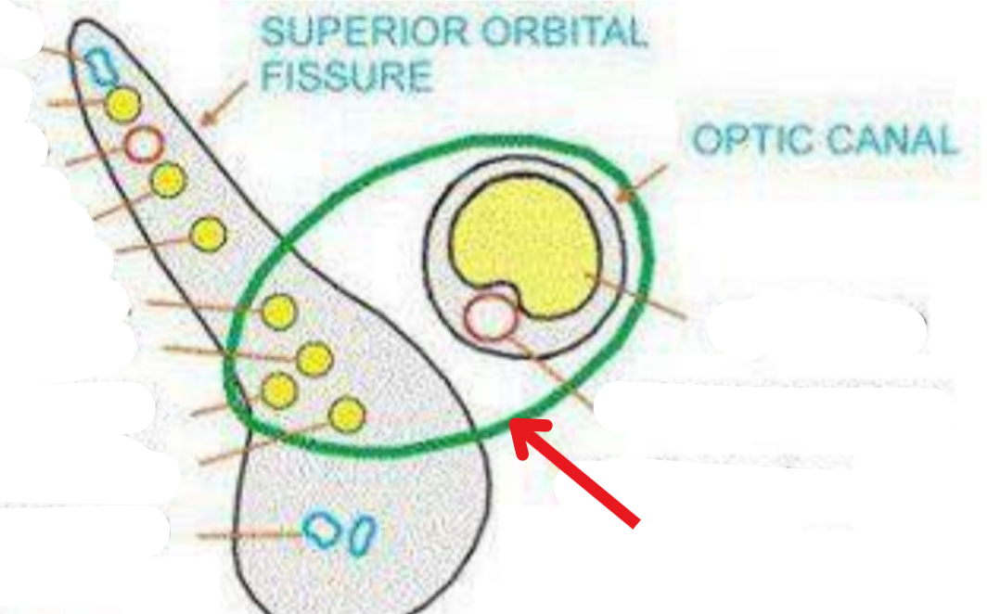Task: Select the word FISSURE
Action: (x=346, y=75)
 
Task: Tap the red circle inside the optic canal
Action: (x=490, y=316)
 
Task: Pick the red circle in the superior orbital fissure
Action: (x=144, y=144)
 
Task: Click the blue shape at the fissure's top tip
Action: (x=97, y=65)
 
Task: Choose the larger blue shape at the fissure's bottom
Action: (x=323, y=530)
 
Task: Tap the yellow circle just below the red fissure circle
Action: (x=168, y=179)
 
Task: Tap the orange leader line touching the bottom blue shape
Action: (x=250, y=534)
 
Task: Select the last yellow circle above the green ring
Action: (x=208, y=234)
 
